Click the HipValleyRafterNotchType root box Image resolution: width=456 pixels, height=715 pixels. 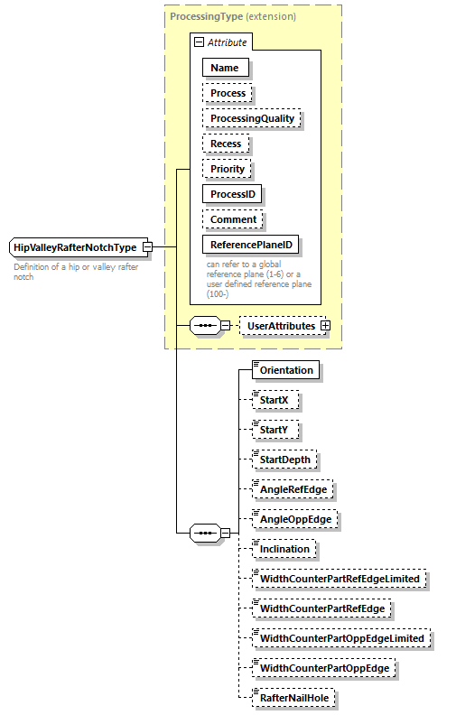click(x=75, y=247)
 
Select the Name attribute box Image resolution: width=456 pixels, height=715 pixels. click(x=225, y=68)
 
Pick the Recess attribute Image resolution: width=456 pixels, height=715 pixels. click(x=226, y=144)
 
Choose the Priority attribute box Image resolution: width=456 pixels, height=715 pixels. click(x=228, y=169)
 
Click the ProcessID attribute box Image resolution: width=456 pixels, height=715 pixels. click(x=233, y=194)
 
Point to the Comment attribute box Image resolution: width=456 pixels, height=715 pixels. click(x=233, y=219)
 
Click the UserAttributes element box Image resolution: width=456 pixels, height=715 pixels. click(x=281, y=325)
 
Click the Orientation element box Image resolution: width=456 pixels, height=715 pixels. click(x=286, y=370)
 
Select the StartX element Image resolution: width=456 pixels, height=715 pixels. click(x=275, y=400)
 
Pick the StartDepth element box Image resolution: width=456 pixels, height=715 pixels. click(x=284, y=460)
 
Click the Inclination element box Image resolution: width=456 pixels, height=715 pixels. click(x=284, y=549)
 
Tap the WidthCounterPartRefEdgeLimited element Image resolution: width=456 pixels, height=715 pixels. click(x=340, y=579)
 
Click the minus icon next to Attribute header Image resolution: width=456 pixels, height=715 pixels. click(x=199, y=42)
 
